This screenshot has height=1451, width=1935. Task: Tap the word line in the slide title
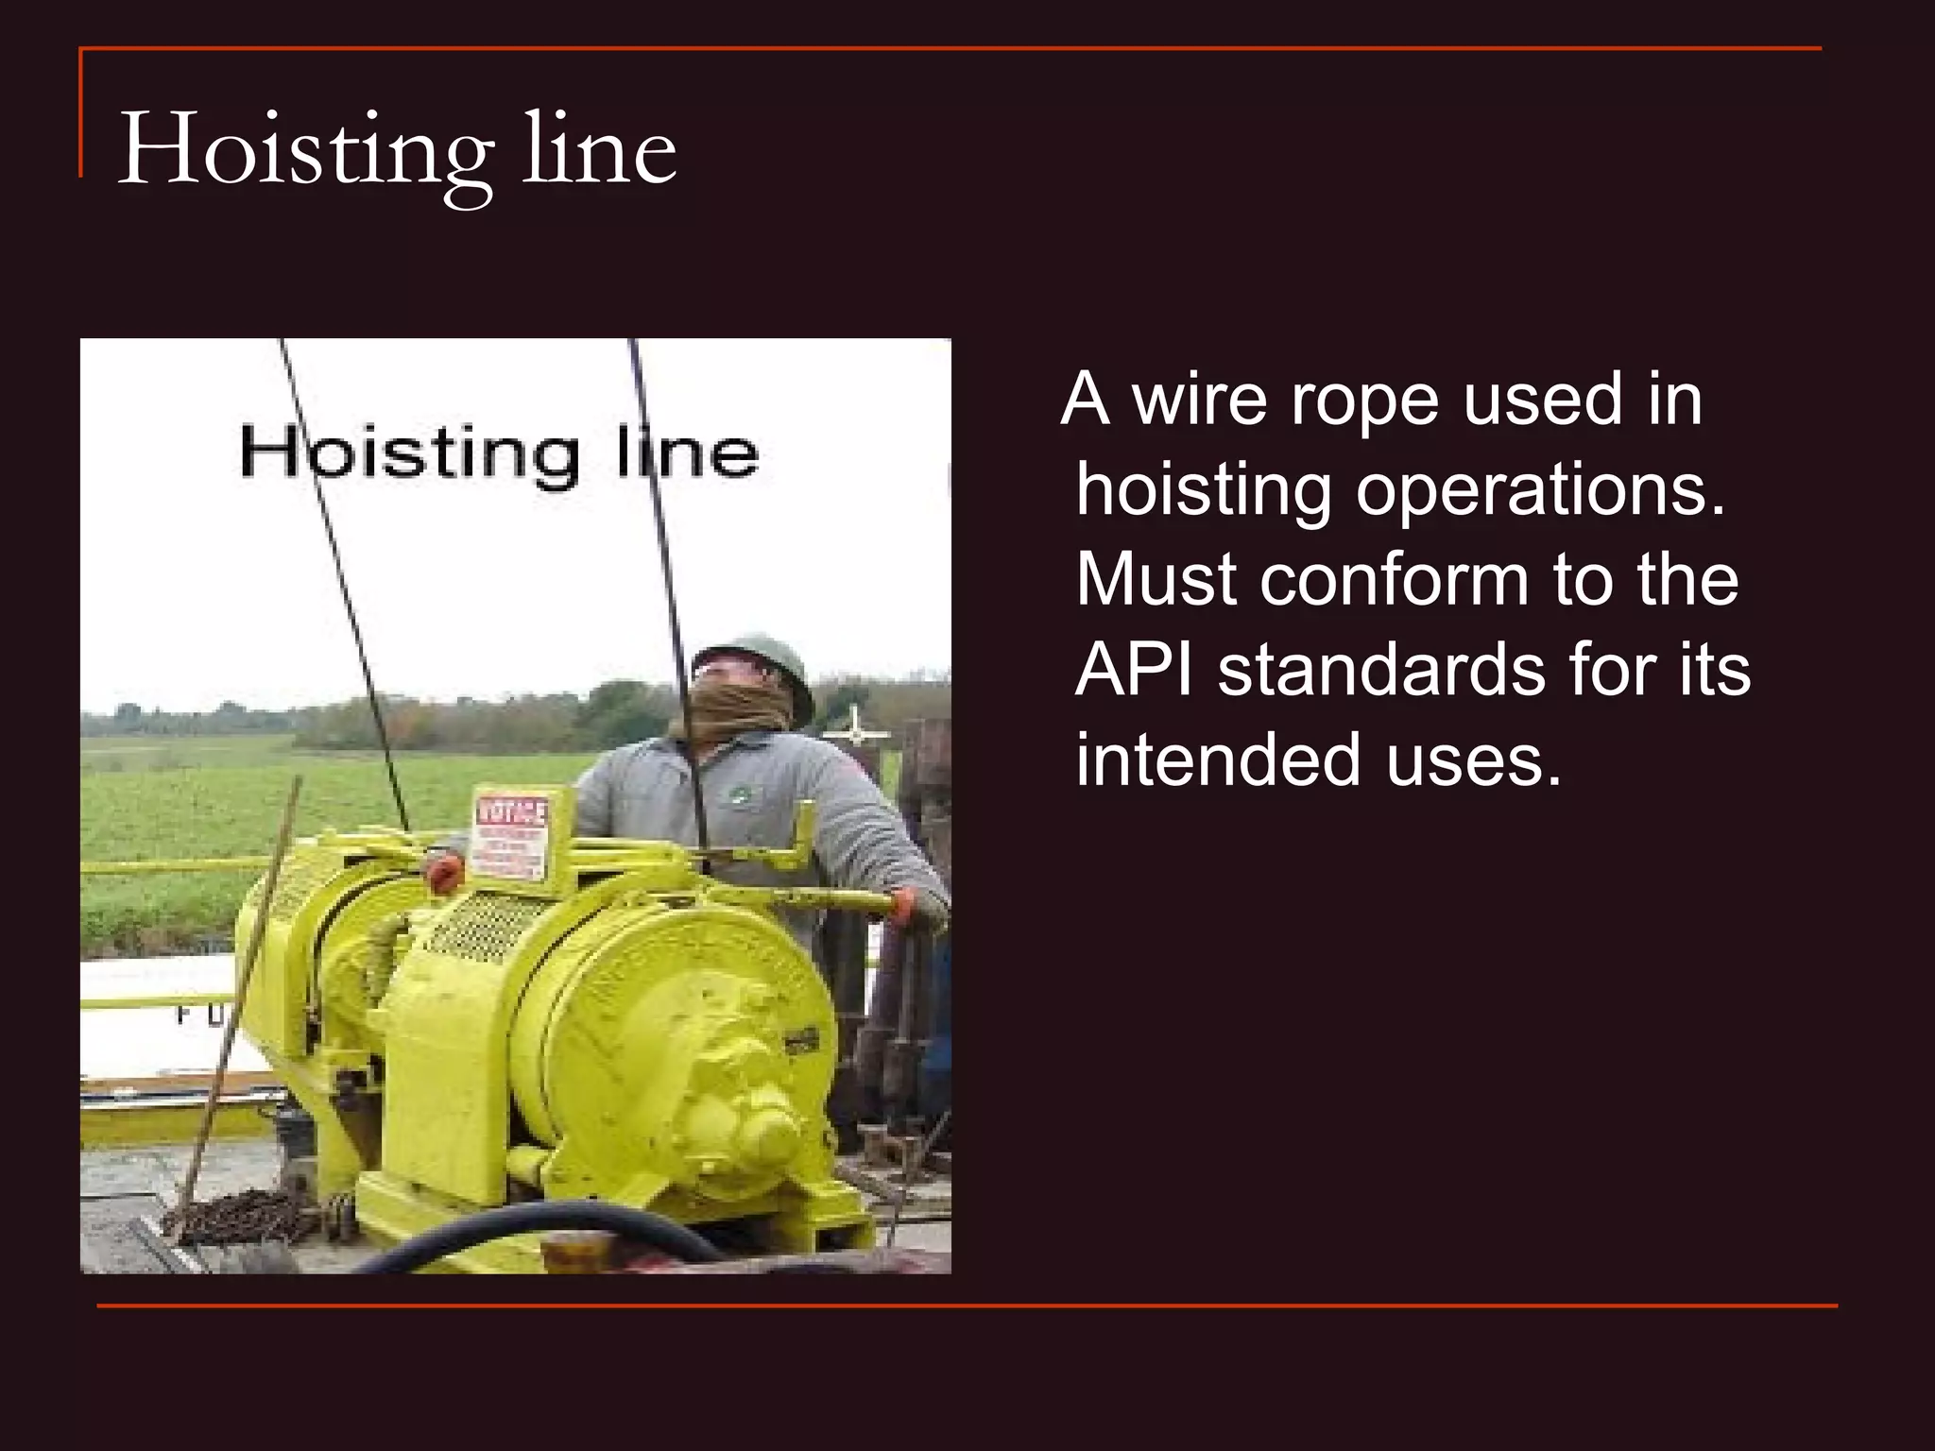pyautogui.click(x=599, y=149)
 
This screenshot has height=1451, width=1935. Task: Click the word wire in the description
pyautogui.click(x=1199, y=400)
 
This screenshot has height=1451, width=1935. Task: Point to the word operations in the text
pyautogui.click(x=1540, y=490)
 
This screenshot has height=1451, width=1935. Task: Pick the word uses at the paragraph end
pyautogui.click(x=1474, y=760)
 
